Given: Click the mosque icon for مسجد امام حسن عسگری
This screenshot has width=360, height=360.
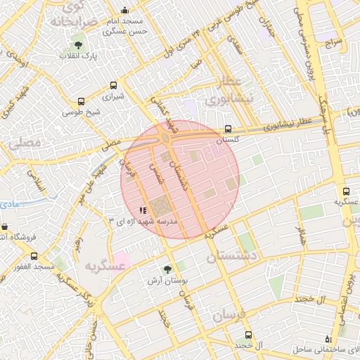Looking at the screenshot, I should (125, 10).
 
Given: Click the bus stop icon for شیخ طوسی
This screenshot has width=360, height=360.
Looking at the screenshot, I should (82, 102).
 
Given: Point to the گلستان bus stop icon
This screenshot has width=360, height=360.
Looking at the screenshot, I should (227, 129).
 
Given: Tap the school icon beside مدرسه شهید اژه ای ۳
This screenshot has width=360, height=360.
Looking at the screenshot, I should (142, 210).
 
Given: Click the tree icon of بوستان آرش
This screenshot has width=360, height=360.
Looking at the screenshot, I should (167, 269).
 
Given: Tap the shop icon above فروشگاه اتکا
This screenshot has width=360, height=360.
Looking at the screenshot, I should (6, 227).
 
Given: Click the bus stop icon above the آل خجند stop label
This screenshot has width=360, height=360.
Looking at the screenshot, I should (247, 335).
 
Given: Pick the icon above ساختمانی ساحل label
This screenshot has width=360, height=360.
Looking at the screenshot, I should (328, 339).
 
